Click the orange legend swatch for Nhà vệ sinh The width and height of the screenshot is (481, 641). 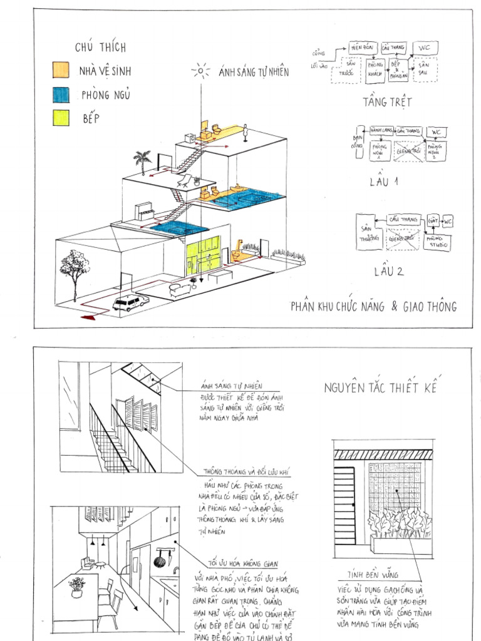[x=61, y=69]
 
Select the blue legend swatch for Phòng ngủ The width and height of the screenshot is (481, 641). [x=61, y=94]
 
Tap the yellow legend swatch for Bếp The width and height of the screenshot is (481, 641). [x=61, y=117]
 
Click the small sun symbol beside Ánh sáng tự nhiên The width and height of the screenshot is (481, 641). [x=200, y=71]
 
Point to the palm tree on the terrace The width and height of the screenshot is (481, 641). [x=143, y=161]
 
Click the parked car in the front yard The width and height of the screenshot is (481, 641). [x=130, y=302]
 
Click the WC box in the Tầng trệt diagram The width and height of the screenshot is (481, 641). [x=424, y=48]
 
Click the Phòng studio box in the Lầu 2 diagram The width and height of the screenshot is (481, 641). [x=437, y=241]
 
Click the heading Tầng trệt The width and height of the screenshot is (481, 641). [x=379, y=102]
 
